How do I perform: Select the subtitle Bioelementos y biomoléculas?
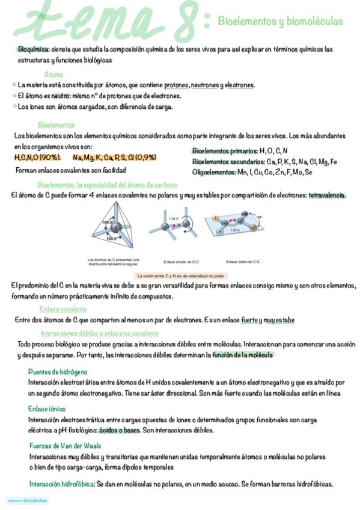(280, 22)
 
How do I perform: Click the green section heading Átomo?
(53, 75)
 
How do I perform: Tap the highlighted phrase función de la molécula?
(243, 355)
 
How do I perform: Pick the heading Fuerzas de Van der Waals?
(65, 446)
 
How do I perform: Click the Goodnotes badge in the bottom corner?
(28, 500)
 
